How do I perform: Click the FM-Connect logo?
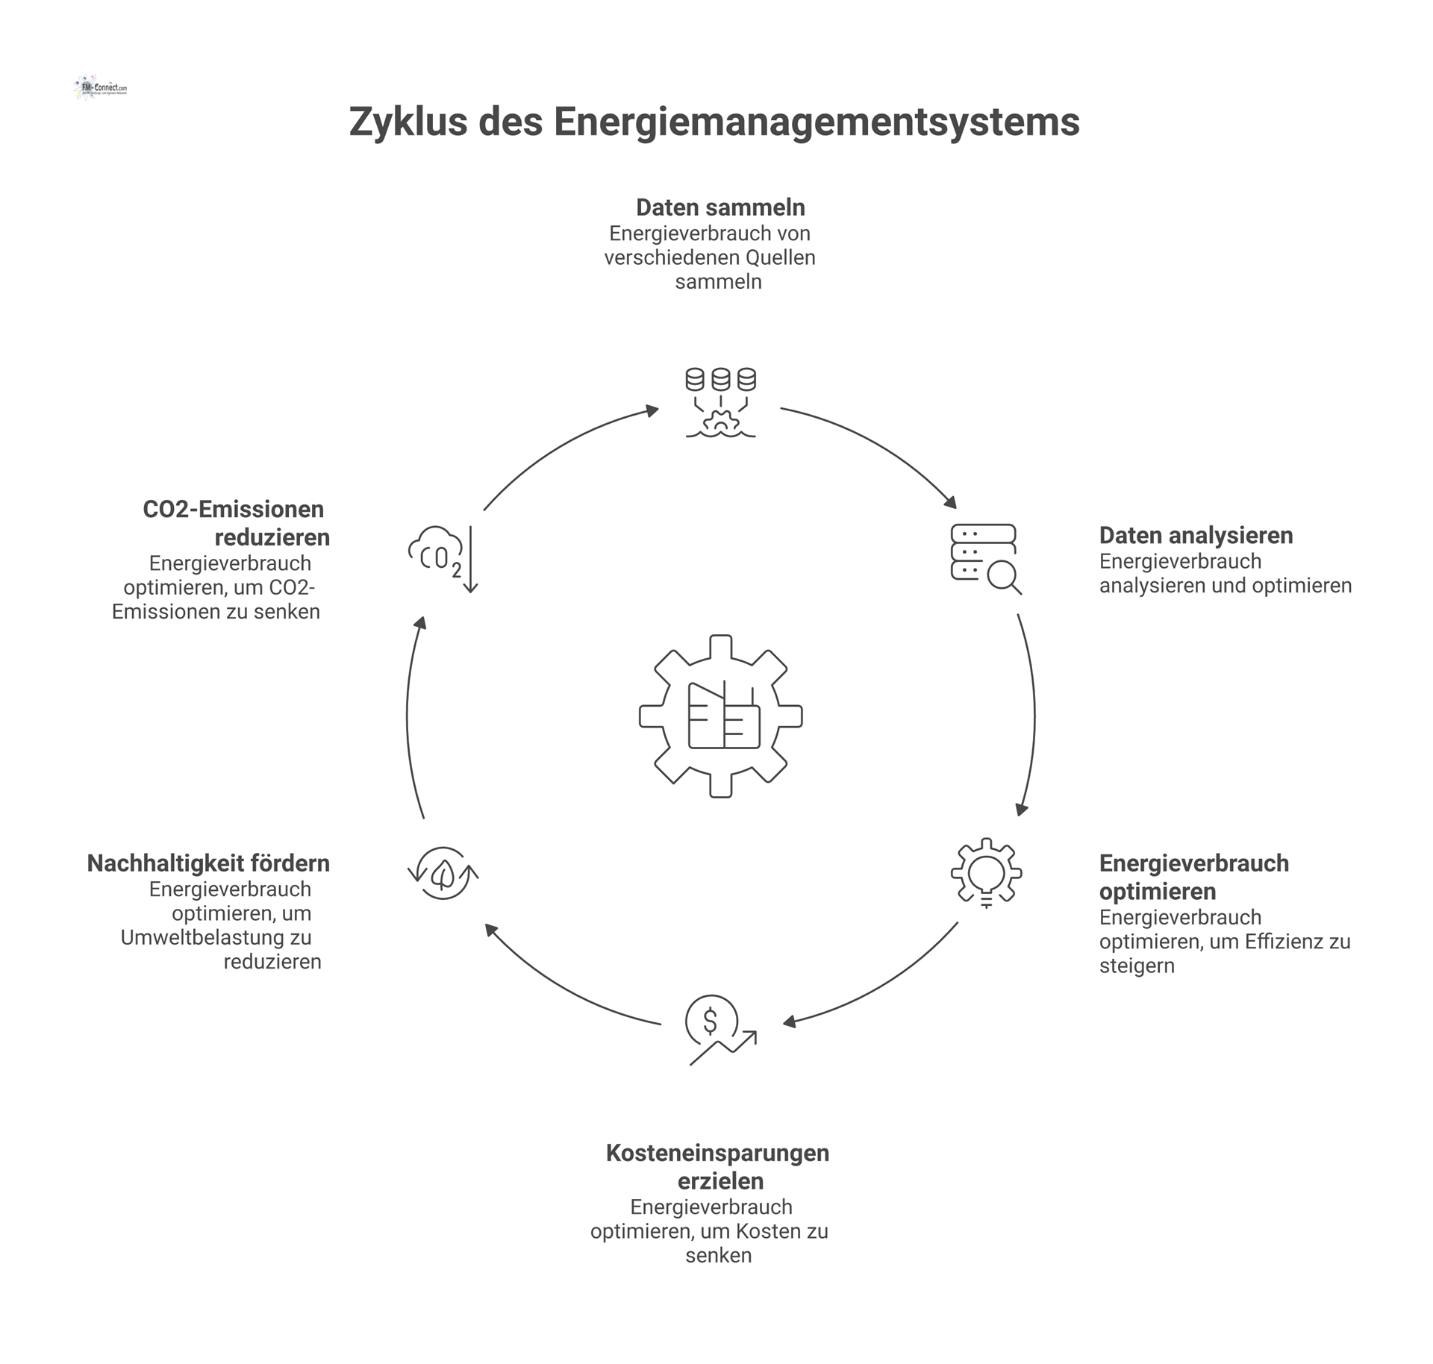pos(101,87)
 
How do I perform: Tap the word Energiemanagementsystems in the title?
pos(817,122)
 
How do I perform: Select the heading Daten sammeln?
pos(720,207)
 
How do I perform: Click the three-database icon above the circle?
pos(720,401)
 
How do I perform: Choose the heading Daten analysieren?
pos(1196,535)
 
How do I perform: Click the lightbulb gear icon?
pos(986,872)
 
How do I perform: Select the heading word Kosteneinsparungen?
pos(717,1152)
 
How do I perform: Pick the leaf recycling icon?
pos(443,872)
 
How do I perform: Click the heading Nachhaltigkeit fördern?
pos(208,863)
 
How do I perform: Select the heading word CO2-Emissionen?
pos(233,509)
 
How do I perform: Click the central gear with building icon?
pos(720,716)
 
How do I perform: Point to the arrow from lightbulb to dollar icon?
pos(881,985)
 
